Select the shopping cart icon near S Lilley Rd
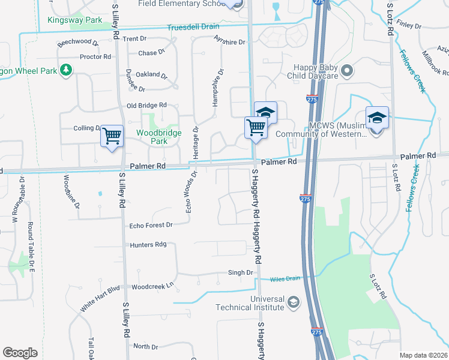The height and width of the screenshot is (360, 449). coord(112,136)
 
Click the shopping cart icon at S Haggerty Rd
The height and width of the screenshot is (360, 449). coord(256,127)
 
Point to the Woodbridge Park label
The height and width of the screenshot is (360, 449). coord(151,136)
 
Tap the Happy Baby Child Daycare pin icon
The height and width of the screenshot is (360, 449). coord(347,72)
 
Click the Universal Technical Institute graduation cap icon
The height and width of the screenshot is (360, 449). coord(293,301)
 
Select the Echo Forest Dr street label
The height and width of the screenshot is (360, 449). coord(151,225)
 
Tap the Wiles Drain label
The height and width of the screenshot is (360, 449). coord(285,278)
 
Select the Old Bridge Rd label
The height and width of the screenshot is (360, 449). coord(146,106)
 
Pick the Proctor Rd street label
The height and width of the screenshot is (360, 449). coord(95,56)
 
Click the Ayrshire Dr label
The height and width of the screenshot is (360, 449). coord(229,42)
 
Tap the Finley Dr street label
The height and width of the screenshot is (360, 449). coord(409,26)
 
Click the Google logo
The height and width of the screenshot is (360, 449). coord(20,353)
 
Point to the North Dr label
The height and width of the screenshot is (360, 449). coord(145,347)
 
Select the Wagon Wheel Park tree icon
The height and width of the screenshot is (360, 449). coord(65,70)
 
